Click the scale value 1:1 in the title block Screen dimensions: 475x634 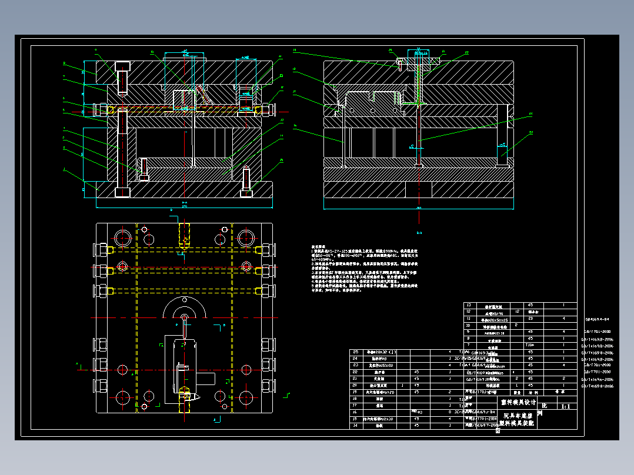[566, 406]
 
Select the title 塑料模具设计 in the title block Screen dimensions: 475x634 [519, 403]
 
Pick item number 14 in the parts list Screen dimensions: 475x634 [355, 424]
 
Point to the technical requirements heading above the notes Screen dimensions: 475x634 [319, 247]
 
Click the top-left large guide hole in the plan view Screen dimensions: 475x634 [123, 237]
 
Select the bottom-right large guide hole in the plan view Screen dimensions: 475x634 [247, 396]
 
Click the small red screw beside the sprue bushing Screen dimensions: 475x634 [401, 62]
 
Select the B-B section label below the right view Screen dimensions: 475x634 [419, 233]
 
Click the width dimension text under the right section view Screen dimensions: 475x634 [419, 208]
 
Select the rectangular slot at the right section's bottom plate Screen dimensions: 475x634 [418, 189]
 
